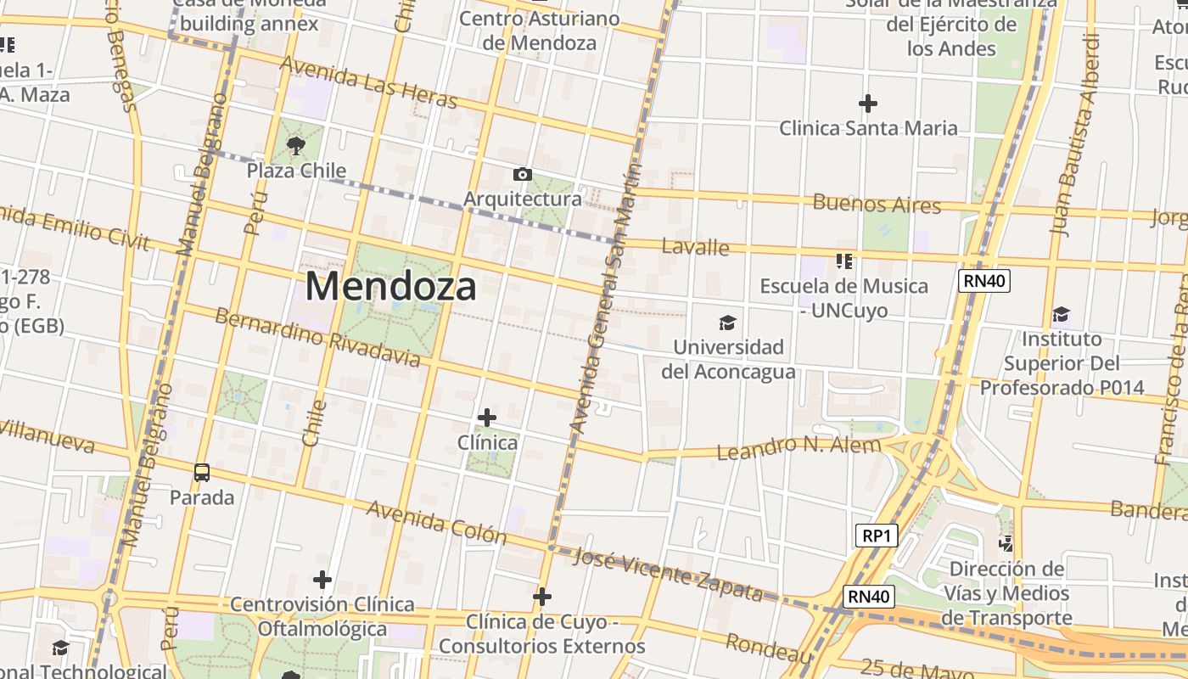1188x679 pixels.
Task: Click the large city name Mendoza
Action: tap(390, 286)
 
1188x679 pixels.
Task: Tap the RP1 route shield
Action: tap(876, 536)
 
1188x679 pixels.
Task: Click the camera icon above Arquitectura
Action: tap(523, 175)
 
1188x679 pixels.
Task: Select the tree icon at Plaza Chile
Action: tap(296, 146)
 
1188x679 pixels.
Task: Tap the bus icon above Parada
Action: tap(202, 473)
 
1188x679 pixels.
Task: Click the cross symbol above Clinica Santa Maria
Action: tap(867, 104)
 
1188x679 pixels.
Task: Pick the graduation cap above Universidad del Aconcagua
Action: tap(727, 323)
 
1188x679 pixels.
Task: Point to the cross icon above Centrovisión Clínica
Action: tap(322, 580)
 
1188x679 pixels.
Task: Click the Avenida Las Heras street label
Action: tap(368, 82)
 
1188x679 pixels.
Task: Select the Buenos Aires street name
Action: tap(877, 204)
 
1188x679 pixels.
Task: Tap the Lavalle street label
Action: tap(695, 247)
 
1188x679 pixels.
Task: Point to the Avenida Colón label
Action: tap(436, 522)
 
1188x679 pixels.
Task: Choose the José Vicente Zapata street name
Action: tap(668, 573)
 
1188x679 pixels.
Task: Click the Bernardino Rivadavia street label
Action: tap(317, 337)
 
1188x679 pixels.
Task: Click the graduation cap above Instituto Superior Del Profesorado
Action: tap(1061, 315)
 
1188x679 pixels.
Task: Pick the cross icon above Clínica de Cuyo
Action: tap(542, 598)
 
